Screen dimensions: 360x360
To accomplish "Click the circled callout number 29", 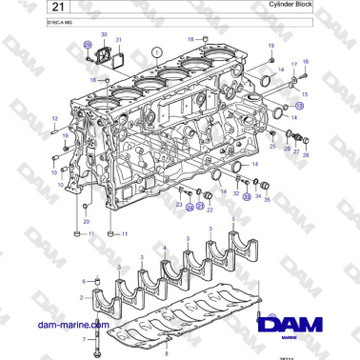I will tap(88, 45).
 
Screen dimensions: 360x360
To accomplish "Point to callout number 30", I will tap(104, 33).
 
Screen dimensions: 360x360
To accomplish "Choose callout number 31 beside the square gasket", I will tap(119, 40).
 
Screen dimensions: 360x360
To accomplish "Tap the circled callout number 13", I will tap(298, 108).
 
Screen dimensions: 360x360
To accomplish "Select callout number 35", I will tap(268, 200).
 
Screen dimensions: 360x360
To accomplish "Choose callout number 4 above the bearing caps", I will tap(165, 250).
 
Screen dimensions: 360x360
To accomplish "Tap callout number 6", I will tap(85, 281).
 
